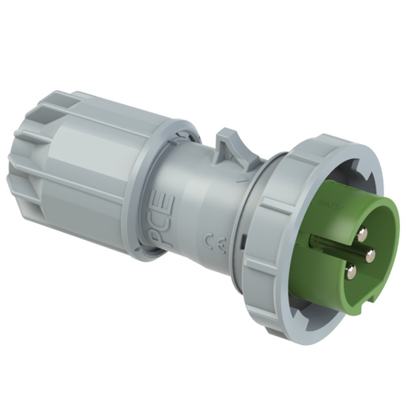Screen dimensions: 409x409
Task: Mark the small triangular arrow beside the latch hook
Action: click(239, 180)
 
